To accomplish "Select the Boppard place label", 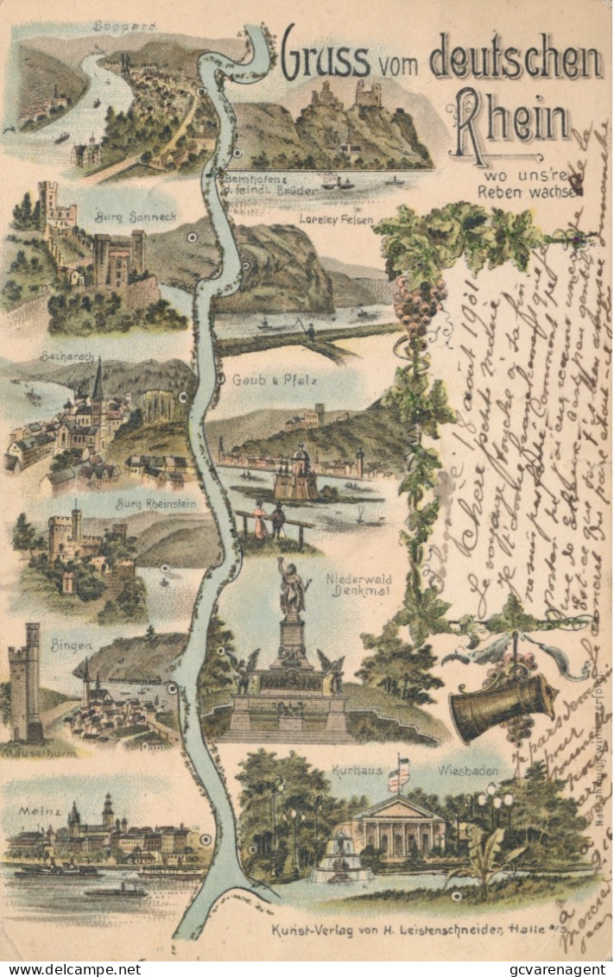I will point(124,27).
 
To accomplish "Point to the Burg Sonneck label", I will point(124,217).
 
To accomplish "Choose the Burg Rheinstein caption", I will point(156,503).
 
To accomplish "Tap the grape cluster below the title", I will point(418,307).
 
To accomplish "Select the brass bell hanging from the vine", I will point(501,708).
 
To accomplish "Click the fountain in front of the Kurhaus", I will point(340,858).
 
